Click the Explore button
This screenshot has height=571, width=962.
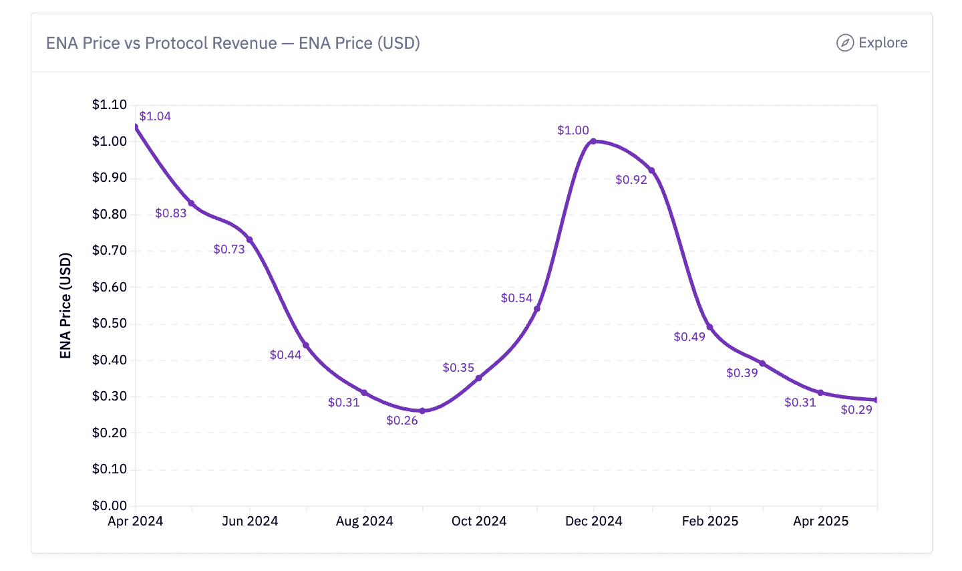[x=872, y=43]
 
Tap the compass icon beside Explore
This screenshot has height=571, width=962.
[x=845, y=43]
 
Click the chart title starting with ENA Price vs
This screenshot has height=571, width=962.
[x=232, y=43]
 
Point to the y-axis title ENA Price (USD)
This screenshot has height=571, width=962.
[x=65, y=306]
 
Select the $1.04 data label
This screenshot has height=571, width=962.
[x=155, y=116]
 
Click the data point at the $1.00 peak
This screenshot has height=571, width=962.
[x=593, y=141]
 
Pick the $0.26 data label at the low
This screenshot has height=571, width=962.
[x=402, y=421]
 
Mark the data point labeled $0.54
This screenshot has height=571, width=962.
[x=537, y=309]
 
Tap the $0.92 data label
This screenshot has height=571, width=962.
[x=631, y=180]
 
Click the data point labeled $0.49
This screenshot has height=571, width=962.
[x=709, y=328]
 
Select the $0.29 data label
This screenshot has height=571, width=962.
[x=856, y=410]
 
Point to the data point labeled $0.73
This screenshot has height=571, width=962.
[x=249, y=239]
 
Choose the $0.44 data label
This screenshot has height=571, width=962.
[x=286, y=355]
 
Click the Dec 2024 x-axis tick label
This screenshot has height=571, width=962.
[x=593, y=522]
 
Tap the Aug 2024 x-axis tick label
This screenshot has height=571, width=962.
[x=364, y=522]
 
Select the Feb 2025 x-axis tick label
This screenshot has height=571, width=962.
[x=710, y=522]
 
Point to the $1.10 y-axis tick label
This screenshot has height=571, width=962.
[x=110, y=104]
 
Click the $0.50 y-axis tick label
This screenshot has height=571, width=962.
[x=110, y=324]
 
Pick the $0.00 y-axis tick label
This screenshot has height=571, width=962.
[x=110, y=505]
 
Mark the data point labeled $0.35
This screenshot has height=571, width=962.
[x=479, y=378]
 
